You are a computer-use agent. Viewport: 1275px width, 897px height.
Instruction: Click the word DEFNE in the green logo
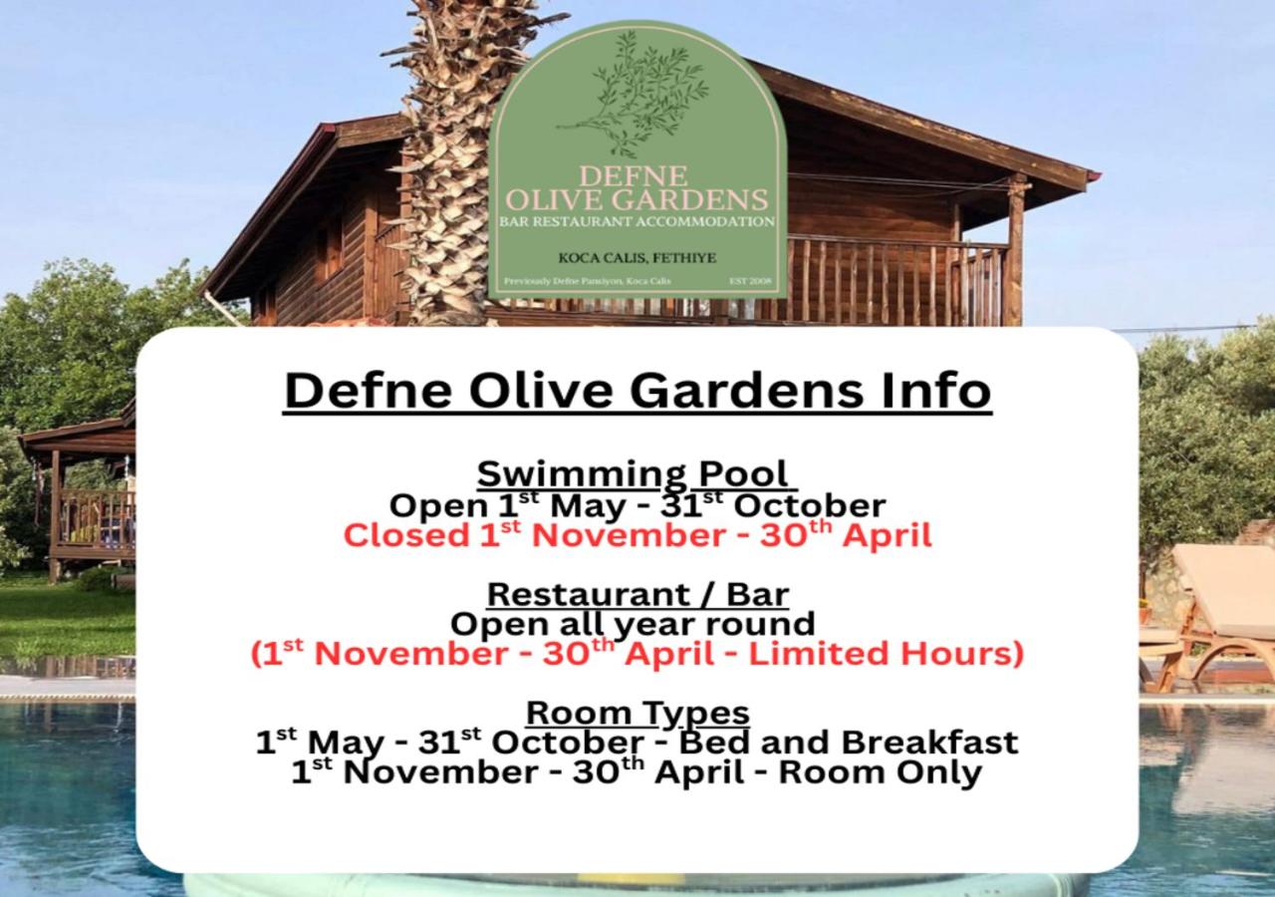click(x=633, y=176)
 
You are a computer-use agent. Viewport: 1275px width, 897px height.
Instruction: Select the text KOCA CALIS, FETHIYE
click(x=637, y=258)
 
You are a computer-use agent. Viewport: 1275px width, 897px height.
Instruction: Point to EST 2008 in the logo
click(x=750, y=281)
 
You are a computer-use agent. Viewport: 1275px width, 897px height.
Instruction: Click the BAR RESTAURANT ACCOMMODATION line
click(x=637, y=221)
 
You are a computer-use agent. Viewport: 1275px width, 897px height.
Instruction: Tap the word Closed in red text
click(x=405, y=535)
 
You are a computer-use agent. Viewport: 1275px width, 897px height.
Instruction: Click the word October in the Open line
click(x=809, y=505)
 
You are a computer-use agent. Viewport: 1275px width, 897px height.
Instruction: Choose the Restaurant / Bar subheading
click(x=637, y=595)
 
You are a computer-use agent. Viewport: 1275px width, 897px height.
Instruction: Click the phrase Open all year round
click(x=633, y=624)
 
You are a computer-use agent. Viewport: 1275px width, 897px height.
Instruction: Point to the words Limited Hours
click(x=886, y=653)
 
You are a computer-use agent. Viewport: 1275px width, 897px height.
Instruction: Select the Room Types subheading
click(x=637, y=713)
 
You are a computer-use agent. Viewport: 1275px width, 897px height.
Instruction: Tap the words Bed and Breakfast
click(x=848, y=743)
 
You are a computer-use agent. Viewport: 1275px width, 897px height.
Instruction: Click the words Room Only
click(x=880, y=772)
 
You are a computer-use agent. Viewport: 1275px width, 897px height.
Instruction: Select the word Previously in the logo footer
click(x=527, y=281)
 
